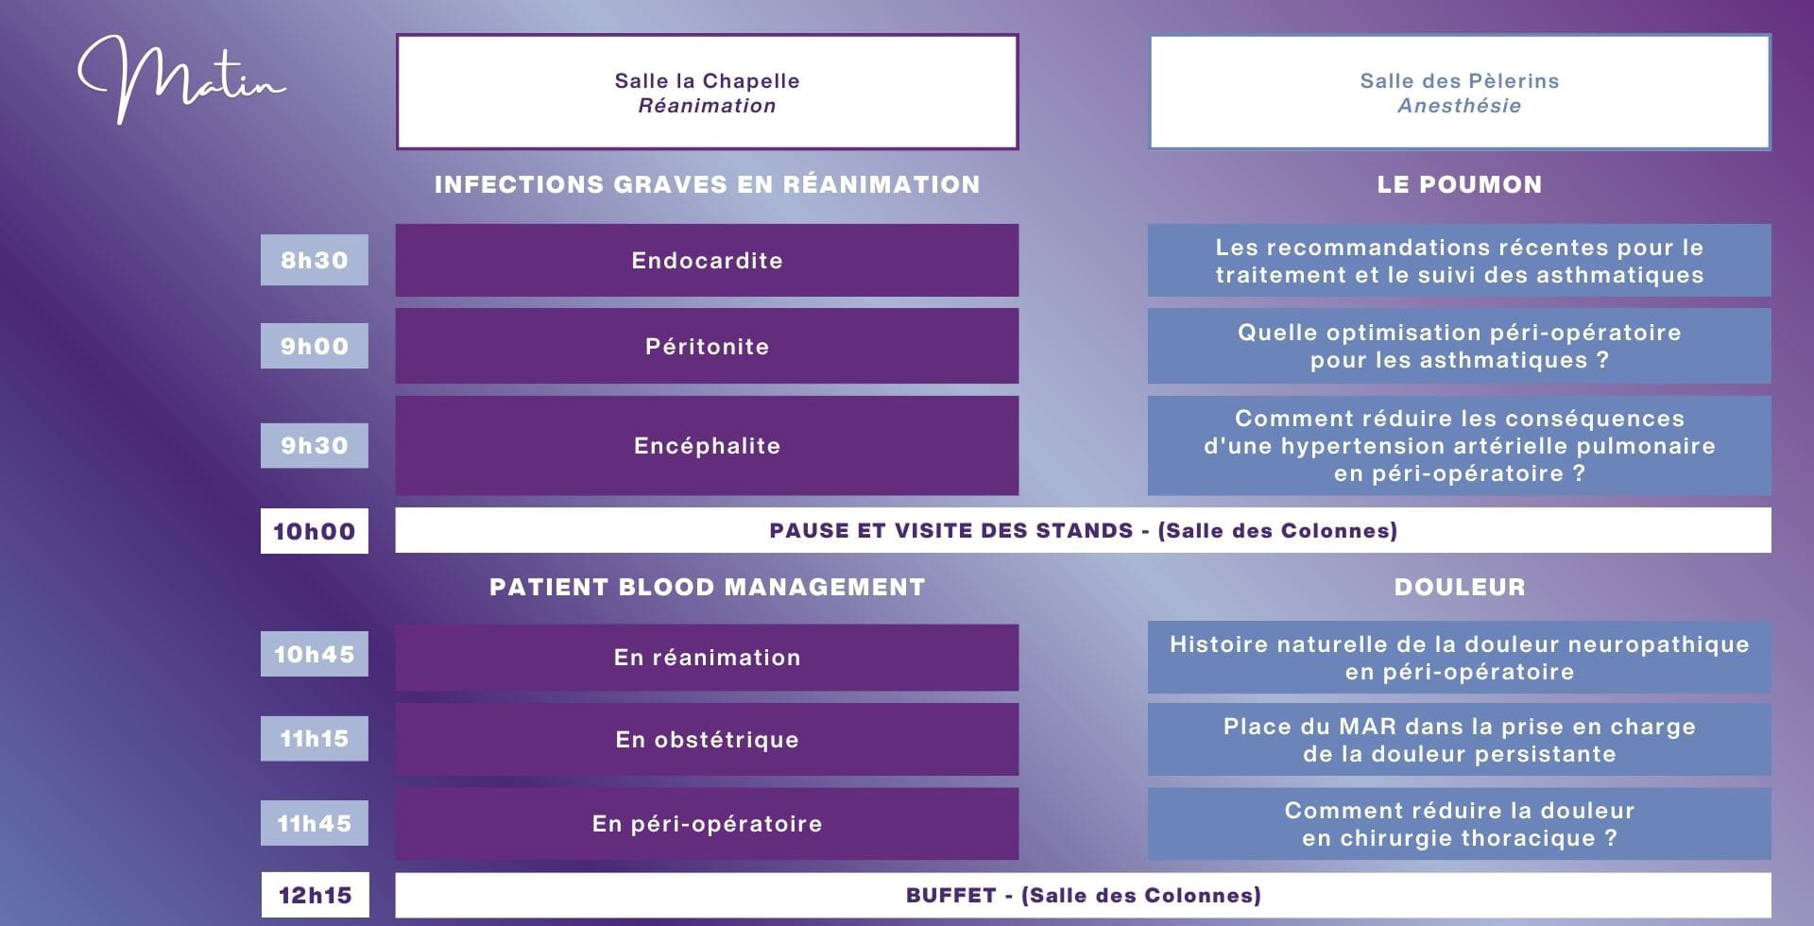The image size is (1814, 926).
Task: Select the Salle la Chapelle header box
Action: [x=707, y=92]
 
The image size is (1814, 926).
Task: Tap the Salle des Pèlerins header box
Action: [x=1460, y=92]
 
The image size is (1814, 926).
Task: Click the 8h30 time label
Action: [x=315, y=260]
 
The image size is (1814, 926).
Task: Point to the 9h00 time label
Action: [x=315, y=346]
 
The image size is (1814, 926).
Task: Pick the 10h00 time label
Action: [x=315, y=531]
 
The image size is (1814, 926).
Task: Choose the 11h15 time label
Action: [x=315, y=738]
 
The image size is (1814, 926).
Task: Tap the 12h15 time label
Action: [x=315, y=895]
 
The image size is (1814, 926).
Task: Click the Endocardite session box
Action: [x=707, y=260]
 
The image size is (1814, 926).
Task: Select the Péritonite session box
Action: [x=707, y=346]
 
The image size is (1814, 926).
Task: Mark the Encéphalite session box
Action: [x=707, y=445]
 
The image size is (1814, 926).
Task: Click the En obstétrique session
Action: [x=707, y=739]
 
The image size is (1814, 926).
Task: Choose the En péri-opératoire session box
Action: [x=707, y=823]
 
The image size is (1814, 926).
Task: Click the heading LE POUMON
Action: [x=1460, y=184]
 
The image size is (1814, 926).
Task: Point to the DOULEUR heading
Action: [x=1460, y=587]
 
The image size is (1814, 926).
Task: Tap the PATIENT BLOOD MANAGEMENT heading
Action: [x=707, y=587]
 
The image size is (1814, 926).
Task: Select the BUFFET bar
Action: [x=1083, y=895]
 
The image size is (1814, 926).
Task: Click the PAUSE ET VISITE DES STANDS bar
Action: [x=1083, y=530]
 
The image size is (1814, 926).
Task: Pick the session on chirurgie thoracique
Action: [x=1460, y=824]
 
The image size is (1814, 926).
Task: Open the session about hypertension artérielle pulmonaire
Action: [x=1460, y=445]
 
